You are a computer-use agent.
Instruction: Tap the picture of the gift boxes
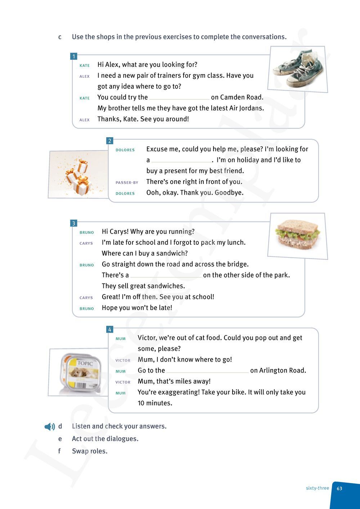[78, 175]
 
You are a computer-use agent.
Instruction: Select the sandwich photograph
[297, 235]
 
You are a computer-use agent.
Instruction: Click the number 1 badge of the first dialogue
[74, 57]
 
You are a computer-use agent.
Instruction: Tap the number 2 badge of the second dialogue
[110, 141]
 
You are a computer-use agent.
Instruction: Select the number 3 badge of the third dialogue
[74, 224]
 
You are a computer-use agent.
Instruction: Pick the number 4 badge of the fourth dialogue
[110, 329]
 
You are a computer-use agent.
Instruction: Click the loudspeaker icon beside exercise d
[50, 427]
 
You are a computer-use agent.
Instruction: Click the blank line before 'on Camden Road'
[179, 98]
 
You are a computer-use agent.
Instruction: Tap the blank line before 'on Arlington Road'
[207, 371]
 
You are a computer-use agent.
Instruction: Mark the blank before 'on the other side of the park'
[166, 276]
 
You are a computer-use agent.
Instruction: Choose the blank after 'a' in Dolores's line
[182, 161]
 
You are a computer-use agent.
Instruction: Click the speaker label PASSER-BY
[127, 183]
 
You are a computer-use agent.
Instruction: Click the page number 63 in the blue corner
[339, 488]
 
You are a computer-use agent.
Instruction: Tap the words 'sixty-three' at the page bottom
[317, 488]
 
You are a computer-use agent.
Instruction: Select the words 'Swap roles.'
[90, 451]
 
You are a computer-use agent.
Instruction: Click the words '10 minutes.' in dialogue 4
[155, 403]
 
